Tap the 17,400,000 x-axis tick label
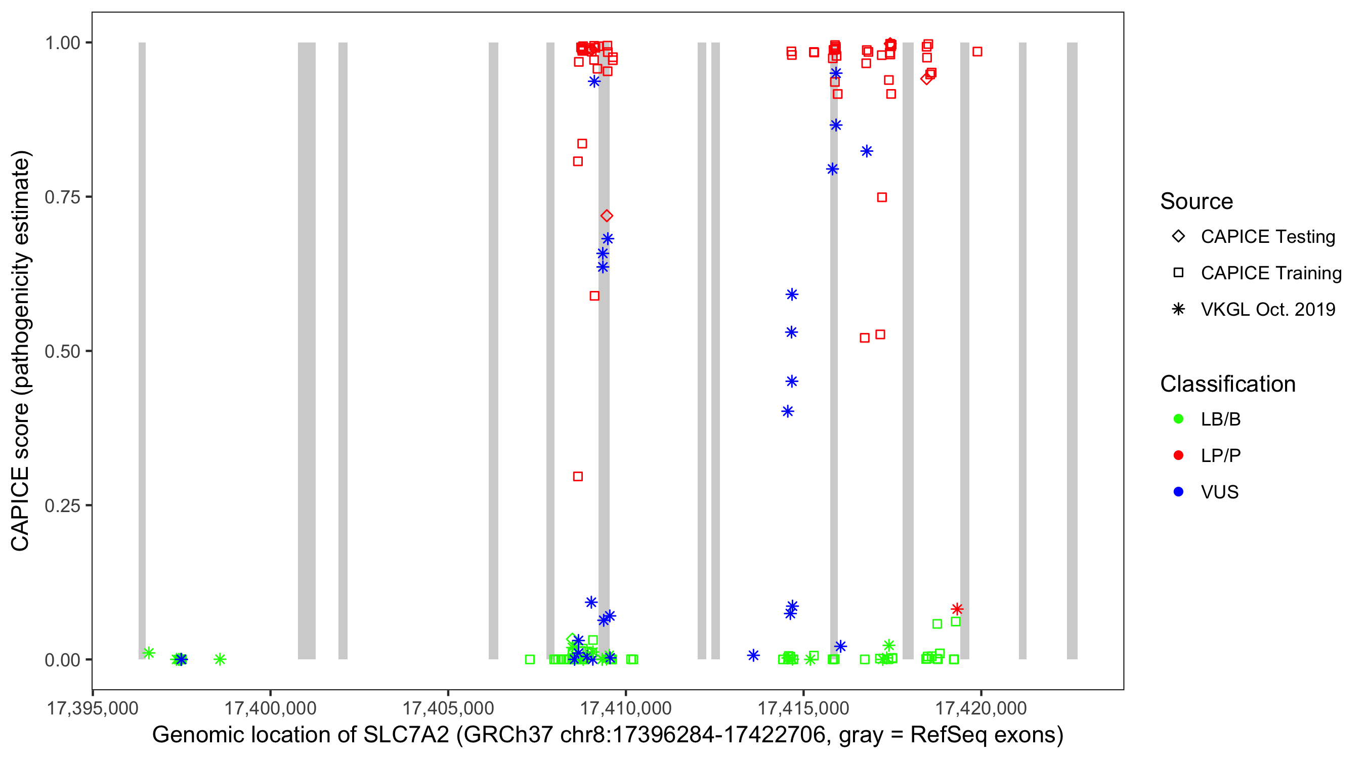click(271, 708)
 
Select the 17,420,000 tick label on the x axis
click(981, 708)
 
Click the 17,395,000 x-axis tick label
click(93, 708)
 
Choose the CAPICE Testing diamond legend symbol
click(1178, 237)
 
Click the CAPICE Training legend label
click(1271, 273)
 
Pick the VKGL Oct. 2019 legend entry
click(1268, 310)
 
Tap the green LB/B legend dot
click(1178, 419)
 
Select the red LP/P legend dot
click(1178, 455)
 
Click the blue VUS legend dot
click(1178, 492)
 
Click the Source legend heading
click(1197, 201)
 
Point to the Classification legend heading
click(1227, 384)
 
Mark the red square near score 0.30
click(578, 476)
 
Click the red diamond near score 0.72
click(607, 216)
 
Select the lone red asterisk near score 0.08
click(957, 609)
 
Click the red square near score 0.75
click(882, 197)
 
